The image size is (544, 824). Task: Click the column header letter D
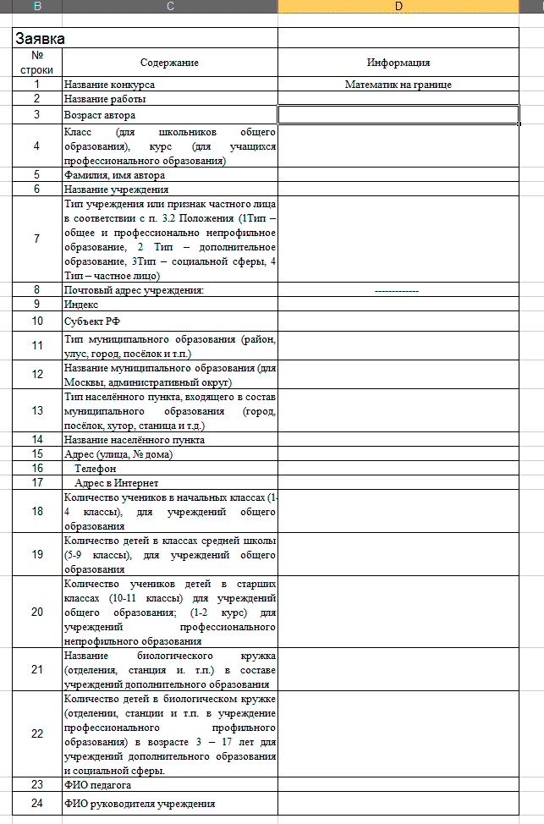click(x=398, y=7)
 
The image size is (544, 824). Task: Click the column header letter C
click(x=170, y=7)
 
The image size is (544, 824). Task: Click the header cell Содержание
click(x=170, y=63)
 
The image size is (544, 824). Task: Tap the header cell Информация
click(x=398, y=63)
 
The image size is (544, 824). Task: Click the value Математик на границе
click(x=398, y=85)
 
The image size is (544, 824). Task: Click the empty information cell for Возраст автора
click(x=398, y=114)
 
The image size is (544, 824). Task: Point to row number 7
click(x=37, y=239)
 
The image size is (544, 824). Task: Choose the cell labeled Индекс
click(x=82, y=304)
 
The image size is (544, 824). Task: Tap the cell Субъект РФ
click(x=89, y=321)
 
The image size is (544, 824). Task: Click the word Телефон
click(x=96, y=468)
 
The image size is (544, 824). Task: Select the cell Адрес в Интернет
click(x=110, y=482)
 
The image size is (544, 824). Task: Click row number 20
click(x=37, y=612)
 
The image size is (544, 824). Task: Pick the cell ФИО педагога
click(x=98, y=784)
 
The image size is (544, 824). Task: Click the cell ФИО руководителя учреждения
click(x=140, y=803)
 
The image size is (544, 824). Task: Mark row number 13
click(x=37, y=410)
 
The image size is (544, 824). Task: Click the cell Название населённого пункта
click(x=135, y=439)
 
